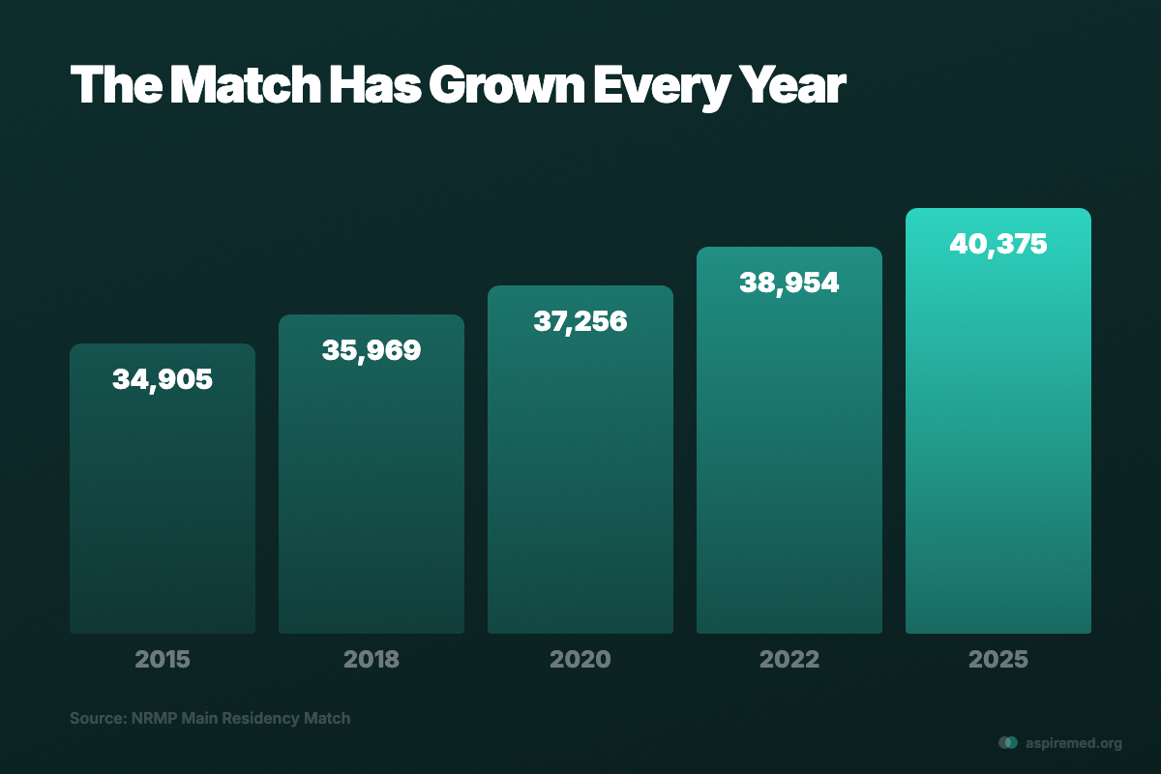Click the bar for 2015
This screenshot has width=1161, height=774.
[163, 503]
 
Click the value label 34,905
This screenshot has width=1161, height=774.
[163, 379]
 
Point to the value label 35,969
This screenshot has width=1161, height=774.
[372, 350]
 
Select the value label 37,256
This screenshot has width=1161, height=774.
[580, 321]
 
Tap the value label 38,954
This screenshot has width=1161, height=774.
[789, 283]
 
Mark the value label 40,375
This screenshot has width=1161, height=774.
[998, 244]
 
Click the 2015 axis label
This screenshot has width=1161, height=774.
[163, 660]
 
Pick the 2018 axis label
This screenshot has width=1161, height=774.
[372, 660]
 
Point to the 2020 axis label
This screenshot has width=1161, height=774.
[580, 660]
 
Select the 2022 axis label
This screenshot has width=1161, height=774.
[789, 660]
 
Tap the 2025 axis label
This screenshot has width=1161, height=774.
[998, 660]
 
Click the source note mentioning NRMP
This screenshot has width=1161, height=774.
[210, 719]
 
